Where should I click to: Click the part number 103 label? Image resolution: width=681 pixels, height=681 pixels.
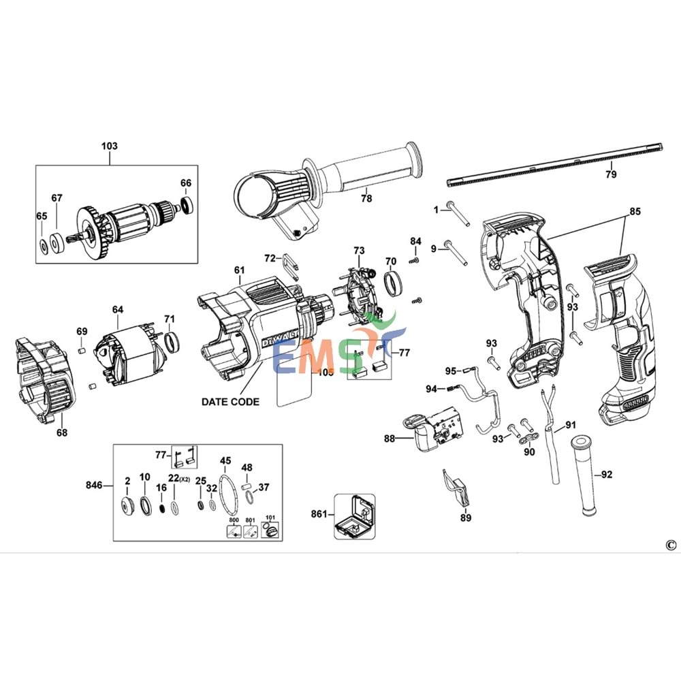(109, 146)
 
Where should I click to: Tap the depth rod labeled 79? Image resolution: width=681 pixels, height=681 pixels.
(555, 164)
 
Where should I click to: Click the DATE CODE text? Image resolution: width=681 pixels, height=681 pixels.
(230, 402)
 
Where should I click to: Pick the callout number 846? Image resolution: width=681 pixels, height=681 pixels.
(94, 485)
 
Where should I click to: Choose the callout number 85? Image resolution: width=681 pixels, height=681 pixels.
(635, 211)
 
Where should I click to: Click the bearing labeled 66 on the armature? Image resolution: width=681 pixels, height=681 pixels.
(186, 205)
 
